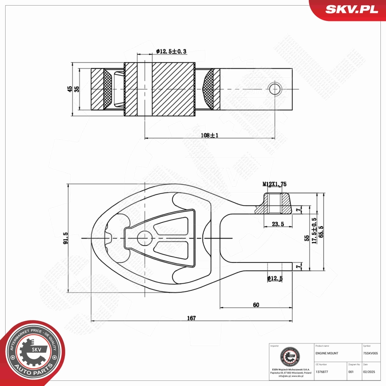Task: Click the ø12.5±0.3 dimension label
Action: (171, 51)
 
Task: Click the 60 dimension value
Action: (256, 305)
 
